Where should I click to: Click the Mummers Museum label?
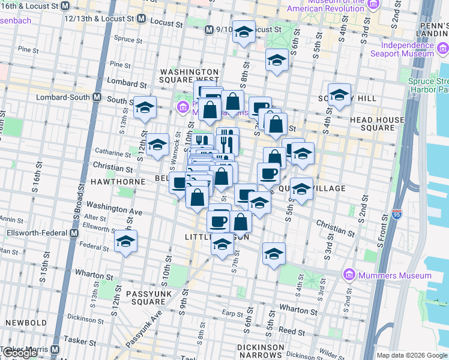pyautogui.click(x=396, y=275)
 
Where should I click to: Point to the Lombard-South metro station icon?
pyautogui.click(x=96, y=97)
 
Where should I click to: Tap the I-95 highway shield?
pyautogui.click(x=396, y=214)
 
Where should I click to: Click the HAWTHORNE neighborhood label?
pyautogui.click(x=118, y=181)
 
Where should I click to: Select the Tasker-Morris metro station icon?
pyautogui.click(x=55, y=349)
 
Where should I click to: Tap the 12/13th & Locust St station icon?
pyautogui.click(x=140, y=19)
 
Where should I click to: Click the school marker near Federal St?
pyautogui.click(x=125, y=241)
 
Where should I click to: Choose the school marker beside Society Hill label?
pyautogui.click(x=339, y=95)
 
